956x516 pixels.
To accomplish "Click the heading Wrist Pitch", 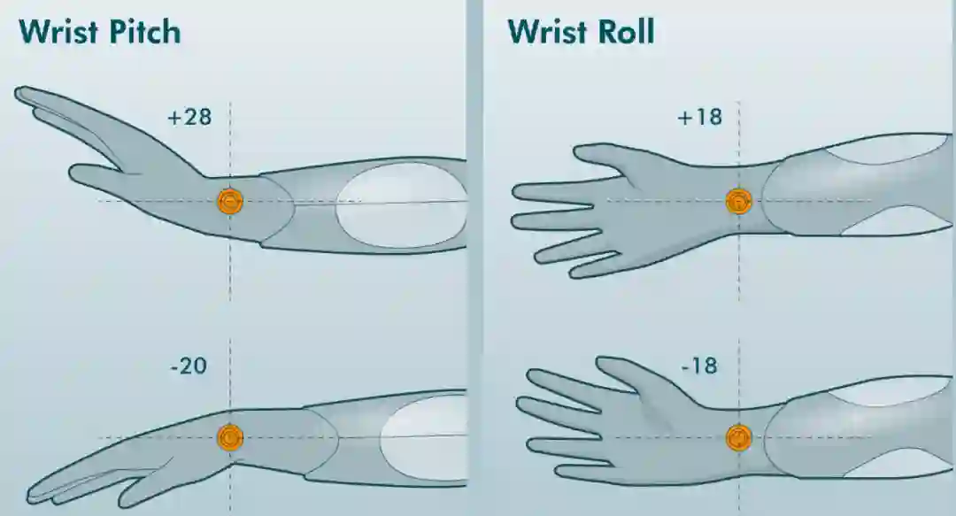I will (99, 31).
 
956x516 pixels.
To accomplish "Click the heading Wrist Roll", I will (581, 31).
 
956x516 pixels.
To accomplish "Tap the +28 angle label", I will (189, 116).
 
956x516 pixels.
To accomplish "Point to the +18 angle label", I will (698, 116).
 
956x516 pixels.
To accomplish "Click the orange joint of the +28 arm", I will (230, 201).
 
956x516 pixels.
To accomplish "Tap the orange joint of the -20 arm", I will (230, 436).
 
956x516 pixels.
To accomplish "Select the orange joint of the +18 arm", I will (738, 202).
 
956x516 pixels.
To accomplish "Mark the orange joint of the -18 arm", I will (738, 437).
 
